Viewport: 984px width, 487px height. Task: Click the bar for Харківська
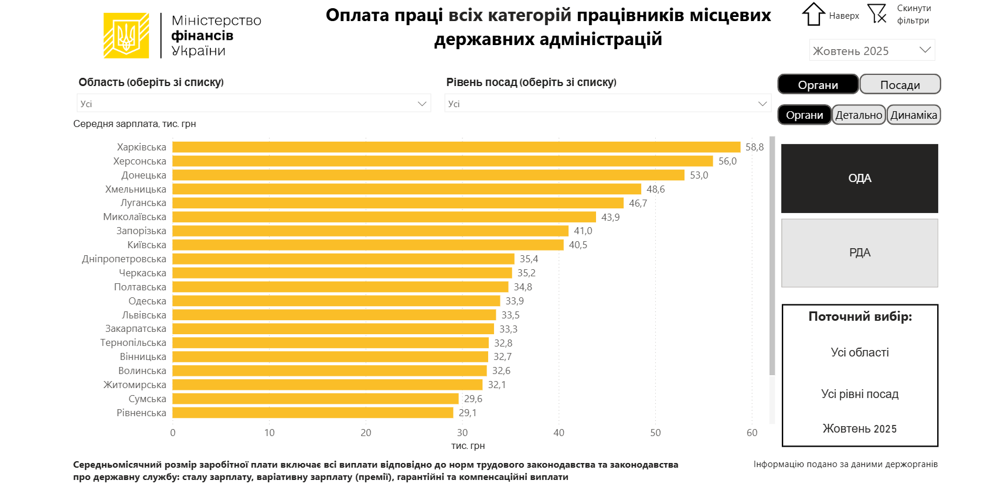456,147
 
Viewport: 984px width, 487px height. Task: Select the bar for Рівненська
312,413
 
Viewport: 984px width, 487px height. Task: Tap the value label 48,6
655,189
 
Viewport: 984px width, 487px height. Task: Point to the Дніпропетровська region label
124,259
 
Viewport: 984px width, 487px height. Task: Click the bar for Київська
367,245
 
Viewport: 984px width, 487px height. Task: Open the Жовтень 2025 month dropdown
871,50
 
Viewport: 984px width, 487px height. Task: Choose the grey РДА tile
859,253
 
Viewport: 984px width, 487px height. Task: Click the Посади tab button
900,84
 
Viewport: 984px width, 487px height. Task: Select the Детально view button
859,115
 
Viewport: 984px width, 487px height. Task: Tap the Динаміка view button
914,115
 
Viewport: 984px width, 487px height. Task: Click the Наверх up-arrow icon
813,15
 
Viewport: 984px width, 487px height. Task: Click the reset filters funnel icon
877,14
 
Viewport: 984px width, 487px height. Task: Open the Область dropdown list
254,104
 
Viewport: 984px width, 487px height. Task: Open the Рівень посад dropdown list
607,104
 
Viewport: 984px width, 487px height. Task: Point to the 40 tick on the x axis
559,433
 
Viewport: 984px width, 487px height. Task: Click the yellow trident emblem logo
126,36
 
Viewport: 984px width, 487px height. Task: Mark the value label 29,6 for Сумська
473,399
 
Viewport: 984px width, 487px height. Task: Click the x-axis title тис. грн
468,445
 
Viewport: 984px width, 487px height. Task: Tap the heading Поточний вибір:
860,317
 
